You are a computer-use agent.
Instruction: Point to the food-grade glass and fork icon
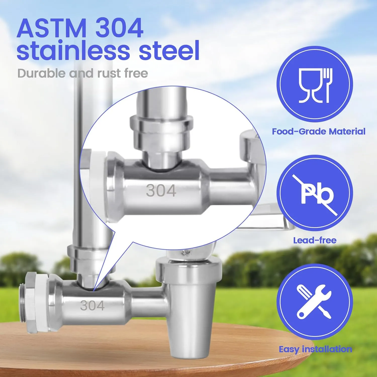tap(315, 85)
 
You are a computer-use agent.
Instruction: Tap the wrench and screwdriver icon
tap(314, 302)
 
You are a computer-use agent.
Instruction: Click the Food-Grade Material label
tap(318, 131)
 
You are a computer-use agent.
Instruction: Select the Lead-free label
tap(315, 240)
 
